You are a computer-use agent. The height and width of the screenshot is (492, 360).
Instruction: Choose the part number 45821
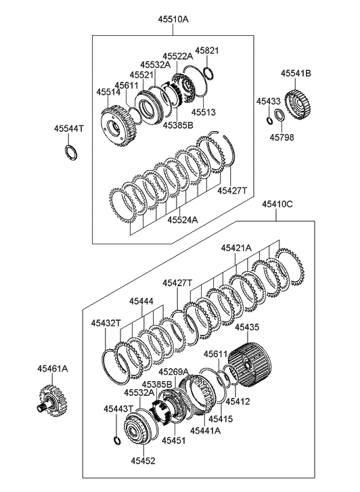[207, 51]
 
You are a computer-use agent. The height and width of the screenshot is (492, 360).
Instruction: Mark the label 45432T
[106, 323]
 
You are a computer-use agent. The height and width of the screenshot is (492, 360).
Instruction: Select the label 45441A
[205, 430]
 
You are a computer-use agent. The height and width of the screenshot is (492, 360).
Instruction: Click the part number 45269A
[173, 372]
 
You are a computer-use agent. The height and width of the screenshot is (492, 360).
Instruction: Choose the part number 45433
[268, 101]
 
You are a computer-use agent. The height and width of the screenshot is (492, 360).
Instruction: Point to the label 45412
[238, 401]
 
